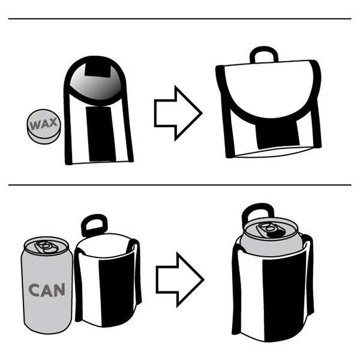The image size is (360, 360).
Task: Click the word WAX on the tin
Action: (x=44, y=124)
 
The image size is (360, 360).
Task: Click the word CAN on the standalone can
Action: (x=47, y=290)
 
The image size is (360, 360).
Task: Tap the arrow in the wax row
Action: (x=178, y=113)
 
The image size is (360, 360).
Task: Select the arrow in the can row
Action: (x=180, y=280)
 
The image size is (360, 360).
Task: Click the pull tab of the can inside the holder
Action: (x=270, y=230)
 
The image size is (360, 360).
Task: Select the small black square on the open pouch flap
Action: (x=98, y=69)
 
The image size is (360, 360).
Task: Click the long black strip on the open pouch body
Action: (x=101, y=134)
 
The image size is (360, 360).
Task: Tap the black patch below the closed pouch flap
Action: (x=278, y=134)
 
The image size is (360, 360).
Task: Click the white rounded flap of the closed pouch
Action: (x=270, y=89)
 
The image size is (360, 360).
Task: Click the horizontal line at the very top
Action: (x=180, y=19)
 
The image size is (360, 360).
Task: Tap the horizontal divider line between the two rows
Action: (x=180, y=185)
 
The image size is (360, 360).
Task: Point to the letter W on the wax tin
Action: (x=35, y=125)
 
